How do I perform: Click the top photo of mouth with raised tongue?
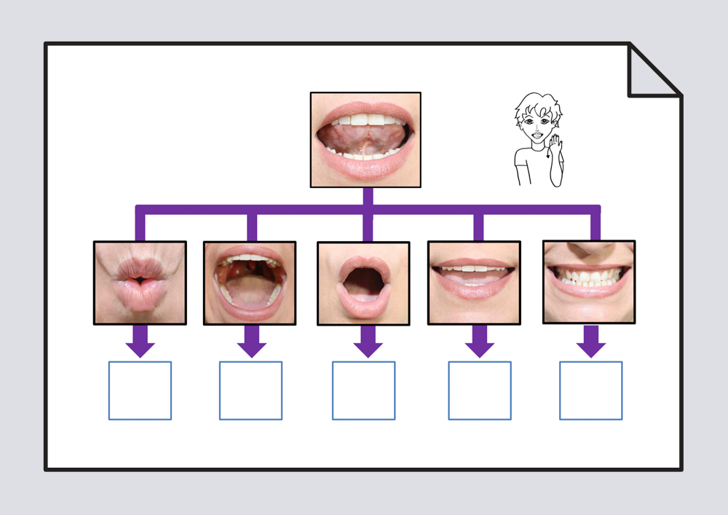pos(365,140)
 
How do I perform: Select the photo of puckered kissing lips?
pos(140,283)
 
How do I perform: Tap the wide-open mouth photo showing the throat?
pos(250,283)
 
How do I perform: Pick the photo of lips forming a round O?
pos(363,283)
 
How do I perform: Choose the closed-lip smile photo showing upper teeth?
pos(474,282)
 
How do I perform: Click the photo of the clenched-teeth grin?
pos(589,282)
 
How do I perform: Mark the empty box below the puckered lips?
pos(140,390)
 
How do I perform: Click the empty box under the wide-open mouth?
pos(250,390)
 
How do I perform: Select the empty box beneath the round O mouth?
pos(364,390)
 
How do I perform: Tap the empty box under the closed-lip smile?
pos(480,390)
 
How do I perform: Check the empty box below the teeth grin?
pos(590,390)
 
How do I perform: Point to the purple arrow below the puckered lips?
pos(140,342)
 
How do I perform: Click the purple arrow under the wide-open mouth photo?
pos(251,342)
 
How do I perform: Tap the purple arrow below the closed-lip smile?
pos(479,342)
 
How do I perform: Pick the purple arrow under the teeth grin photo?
pos(590,342)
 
